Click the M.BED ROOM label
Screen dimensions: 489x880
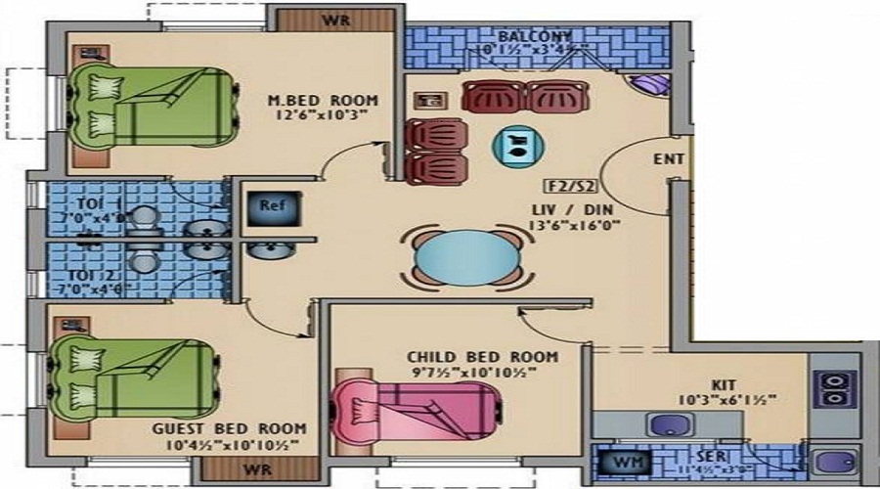click(x=323, y=100)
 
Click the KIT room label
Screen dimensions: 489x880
click(x=725, y=384)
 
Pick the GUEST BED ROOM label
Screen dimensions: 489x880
click(x=229, y=428)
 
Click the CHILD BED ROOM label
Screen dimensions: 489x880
click(x=484, y=356)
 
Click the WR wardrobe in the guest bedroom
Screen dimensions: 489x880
click(x=257, y=469)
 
